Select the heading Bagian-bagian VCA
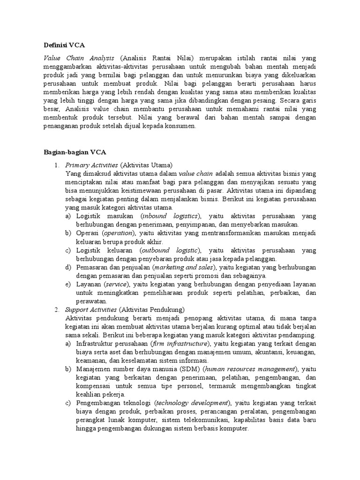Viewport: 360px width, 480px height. point(75,152)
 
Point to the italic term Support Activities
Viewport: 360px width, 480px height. point(91,309)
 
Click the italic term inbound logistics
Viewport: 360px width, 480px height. point(171,216)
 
